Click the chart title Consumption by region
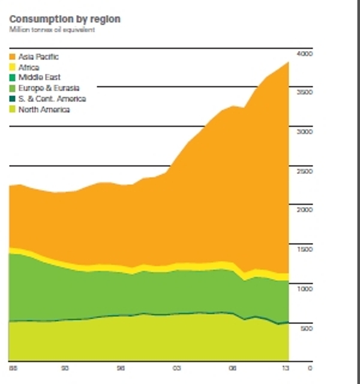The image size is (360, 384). coord(65,19)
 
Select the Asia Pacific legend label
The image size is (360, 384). coord(38,56)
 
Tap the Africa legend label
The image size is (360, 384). coord(29,67)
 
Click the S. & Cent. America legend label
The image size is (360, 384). coord(52,99)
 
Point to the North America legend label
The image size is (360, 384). coord(44,110)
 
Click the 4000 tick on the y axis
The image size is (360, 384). coord(305,54)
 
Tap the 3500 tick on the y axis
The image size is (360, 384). coord(305,93)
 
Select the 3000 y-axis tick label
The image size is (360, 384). coord(305,132)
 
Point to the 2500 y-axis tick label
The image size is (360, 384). coord(305,172)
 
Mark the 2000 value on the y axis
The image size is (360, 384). coord(305,210)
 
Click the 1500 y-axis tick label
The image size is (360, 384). coord(305,250)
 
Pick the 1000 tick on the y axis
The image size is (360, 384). coord(305,289)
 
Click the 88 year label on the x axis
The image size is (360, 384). coord(13,367)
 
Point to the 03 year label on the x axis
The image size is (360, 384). coord(176,367)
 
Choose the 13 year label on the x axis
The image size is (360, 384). coord(286,367)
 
